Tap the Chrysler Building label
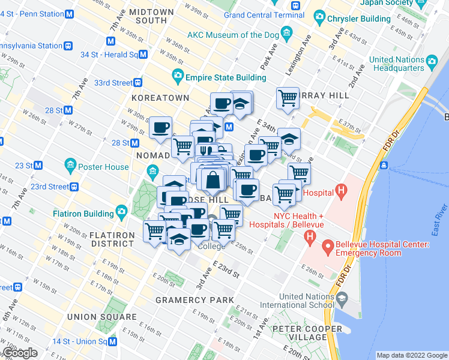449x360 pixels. coord(358,19)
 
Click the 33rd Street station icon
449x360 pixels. coord(138,83)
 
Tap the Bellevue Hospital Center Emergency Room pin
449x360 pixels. coord(328,246)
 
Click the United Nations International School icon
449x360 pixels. coord(342,298)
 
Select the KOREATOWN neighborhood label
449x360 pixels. coord(159,98)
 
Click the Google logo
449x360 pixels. coord(20,353)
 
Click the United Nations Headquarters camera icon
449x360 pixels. coord(430,60)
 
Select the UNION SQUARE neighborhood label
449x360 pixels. coord(101,317)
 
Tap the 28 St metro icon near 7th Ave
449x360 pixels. coord(68,110)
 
